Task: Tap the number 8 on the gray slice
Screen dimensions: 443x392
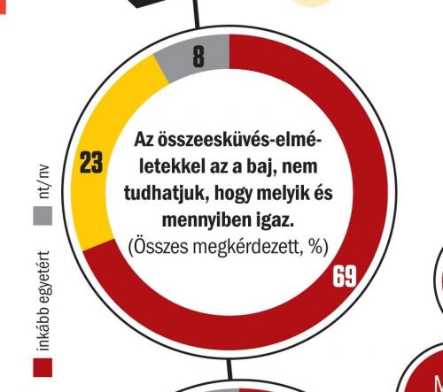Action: [198, 57]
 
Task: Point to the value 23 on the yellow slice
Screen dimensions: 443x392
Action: [91, 162]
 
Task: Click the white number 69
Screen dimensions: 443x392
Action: [345, 276]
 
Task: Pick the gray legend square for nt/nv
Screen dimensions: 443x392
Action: [43, 216]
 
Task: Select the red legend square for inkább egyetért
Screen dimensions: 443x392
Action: [43, 367]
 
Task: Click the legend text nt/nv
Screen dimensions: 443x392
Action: [43, 181]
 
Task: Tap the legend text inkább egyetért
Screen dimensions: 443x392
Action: [43, 301]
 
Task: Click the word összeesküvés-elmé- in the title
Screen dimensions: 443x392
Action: [240, 140]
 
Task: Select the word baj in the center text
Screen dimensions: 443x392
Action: [263, 167]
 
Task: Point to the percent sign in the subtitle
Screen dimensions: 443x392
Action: [316, 246]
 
